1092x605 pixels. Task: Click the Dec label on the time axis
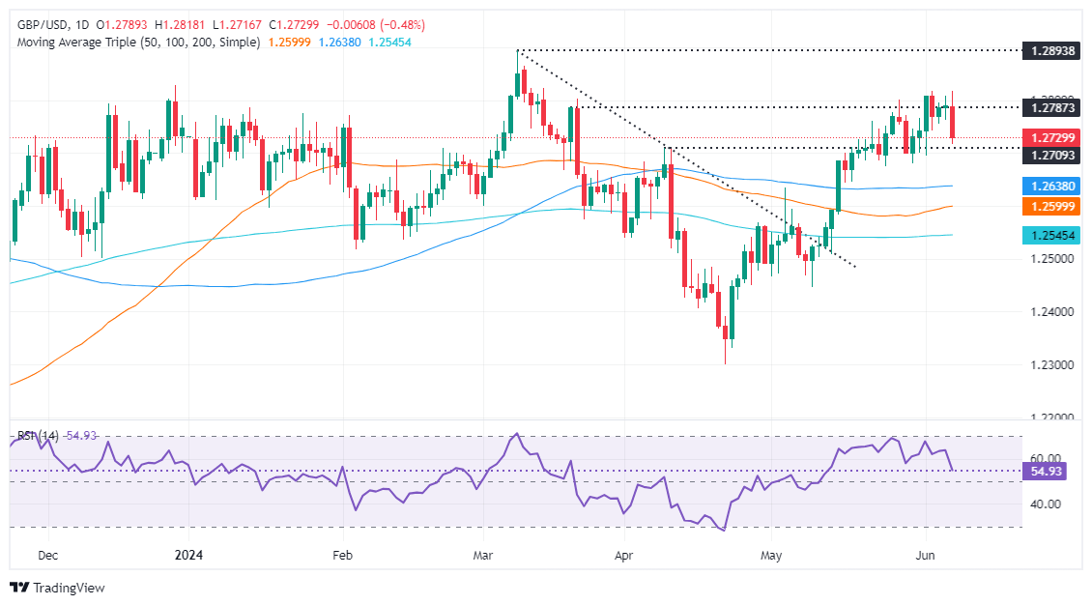pyautogui.click(x=46, y=556)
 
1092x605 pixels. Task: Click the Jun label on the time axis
pyautogui.click(x=925, y=556)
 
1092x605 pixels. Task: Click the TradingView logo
pyautogui.click(x=57, y=587)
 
